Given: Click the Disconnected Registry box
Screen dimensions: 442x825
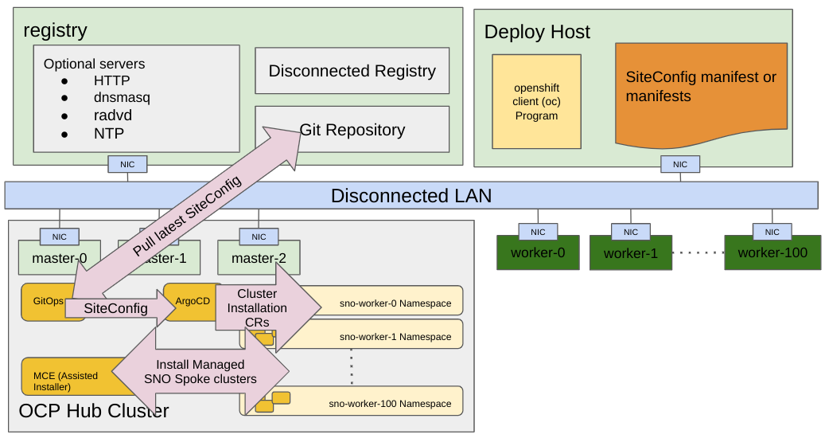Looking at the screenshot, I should (352, 71).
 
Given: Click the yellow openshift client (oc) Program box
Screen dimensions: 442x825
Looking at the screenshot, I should (535, 102).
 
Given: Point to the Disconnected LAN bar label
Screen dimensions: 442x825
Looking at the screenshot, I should (411, 195).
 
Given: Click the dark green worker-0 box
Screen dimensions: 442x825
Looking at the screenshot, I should (538, 253).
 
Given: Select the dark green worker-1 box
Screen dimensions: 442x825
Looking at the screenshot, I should (630, 254).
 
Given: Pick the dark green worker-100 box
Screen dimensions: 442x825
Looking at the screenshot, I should (772, 253).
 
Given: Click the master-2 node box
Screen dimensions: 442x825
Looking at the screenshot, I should (258, 258).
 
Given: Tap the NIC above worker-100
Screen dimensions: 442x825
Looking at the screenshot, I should (772, 232).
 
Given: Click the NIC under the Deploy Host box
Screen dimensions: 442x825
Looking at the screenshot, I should (679, 164).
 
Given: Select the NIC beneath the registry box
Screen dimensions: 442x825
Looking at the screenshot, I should (127, 164).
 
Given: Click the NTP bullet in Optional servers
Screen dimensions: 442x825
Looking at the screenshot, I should (109, 133).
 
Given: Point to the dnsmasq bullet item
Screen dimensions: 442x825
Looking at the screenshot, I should (122, 98).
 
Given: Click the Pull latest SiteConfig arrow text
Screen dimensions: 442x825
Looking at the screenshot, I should (187, 216).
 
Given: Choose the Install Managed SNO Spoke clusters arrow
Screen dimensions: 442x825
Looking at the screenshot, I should (200, 372).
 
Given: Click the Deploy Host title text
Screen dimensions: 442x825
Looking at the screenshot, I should (537, 32).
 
